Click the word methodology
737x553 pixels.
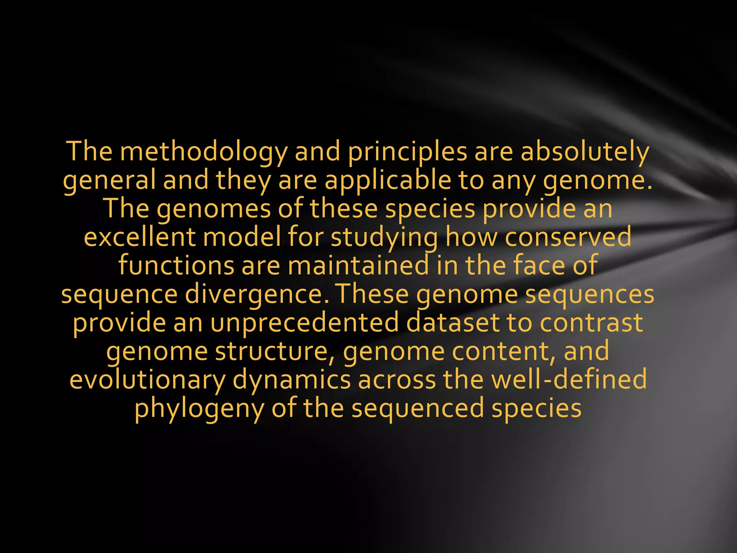coord(203,152)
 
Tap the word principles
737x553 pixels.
coord(407,152)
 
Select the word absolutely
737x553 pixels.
coord(585,152)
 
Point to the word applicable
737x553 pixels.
coord(388,180)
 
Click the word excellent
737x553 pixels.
coord(140,237)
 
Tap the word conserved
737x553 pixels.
coord(568,237)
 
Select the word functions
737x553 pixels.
coord(176,266)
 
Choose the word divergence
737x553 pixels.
coord(257,294)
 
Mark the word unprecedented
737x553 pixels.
coord(304,323)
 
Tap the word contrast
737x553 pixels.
coord(591,323)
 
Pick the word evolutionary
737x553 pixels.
coord(148,379)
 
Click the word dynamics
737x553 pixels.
coord(291,379)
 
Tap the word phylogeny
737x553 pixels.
coord(199,408)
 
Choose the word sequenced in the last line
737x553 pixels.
coord(417,408)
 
